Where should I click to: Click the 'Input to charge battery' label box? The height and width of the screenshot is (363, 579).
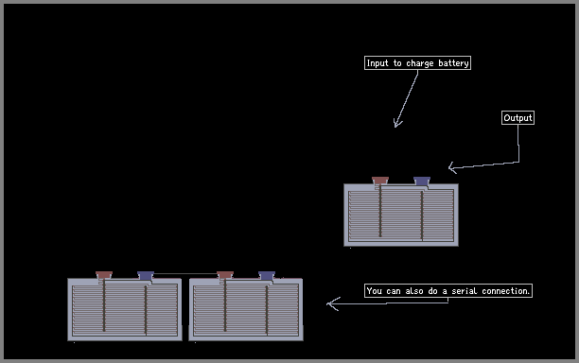[417, 63]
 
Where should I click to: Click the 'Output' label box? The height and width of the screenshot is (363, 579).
[518, 117]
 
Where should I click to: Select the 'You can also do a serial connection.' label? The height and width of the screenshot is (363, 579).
[448, 291]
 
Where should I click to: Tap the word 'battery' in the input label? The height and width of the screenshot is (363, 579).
[453, 63]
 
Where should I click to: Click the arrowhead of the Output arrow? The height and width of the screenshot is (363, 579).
[452, 168]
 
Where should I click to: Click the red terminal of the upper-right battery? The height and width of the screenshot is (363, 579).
[380, 181]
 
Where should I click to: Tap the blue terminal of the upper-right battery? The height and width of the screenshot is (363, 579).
[422, 181]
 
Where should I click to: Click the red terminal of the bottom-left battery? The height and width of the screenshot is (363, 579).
[104, 275]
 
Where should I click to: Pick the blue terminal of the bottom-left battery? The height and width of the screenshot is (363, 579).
[146, 275]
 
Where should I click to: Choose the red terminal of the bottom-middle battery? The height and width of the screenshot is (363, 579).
[225, 275]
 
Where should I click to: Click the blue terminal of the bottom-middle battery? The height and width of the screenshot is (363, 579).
[267, 275]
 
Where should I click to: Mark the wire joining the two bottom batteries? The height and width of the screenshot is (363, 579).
[185, 274]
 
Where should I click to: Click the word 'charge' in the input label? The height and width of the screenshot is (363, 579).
[419, 64]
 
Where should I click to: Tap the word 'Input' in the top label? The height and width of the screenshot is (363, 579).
[377, 64]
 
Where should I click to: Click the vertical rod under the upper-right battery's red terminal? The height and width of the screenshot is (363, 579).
[380, 212]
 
